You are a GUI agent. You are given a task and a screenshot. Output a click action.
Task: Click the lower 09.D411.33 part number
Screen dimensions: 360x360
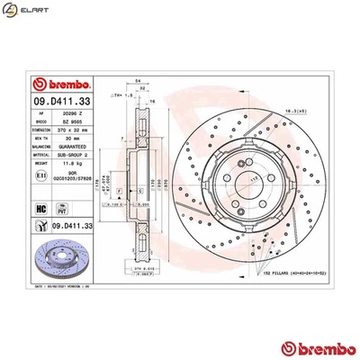pyautogui.click(x=68, y=226)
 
